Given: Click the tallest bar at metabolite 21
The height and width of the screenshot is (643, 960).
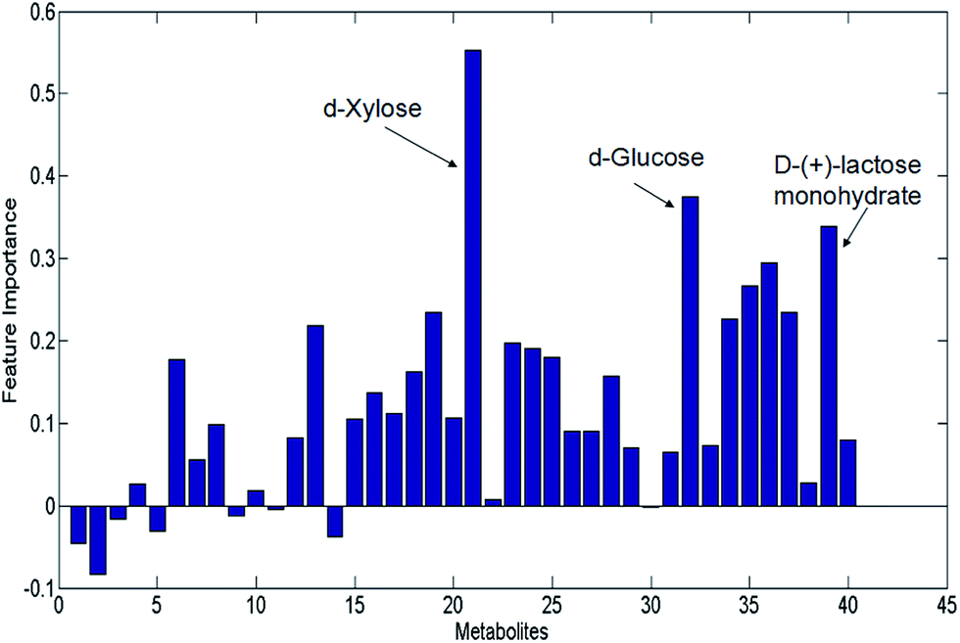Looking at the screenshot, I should click(x=472, y=278).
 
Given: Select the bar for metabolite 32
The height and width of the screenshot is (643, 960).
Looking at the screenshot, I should click(x=690, y=351).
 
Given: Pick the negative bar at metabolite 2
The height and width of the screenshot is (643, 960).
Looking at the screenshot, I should click(x=97, y=539).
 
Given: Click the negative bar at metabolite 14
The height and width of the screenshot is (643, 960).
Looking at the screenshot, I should click(x=335, y=521).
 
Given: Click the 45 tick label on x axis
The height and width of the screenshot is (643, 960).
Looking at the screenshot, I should click(x=946, y=603).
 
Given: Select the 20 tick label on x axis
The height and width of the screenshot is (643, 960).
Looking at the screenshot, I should click(x=454, y=603).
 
